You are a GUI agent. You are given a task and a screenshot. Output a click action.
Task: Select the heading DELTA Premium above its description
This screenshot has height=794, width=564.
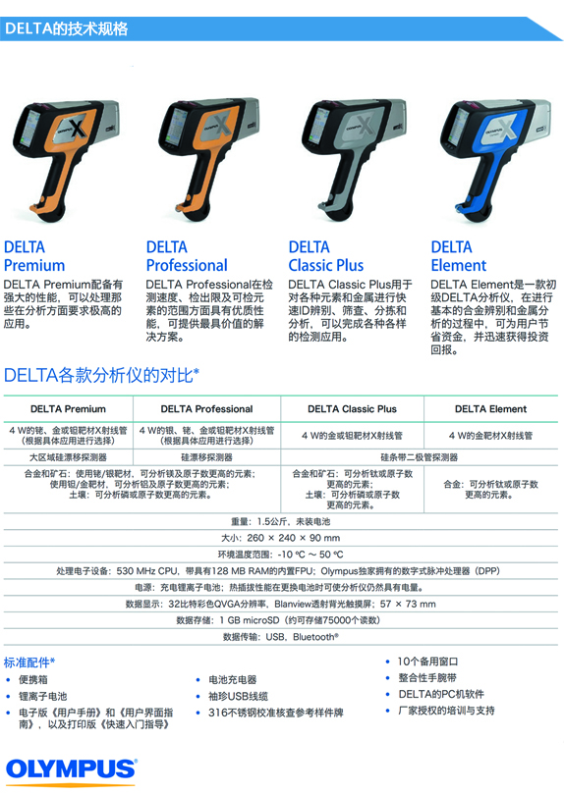[x=34, y=256]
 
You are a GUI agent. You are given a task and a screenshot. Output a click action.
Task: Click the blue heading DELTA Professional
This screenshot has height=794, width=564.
[x=187, y=256]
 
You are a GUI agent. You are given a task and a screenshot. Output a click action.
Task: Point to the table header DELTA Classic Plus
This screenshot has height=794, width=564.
[x=352, y=409]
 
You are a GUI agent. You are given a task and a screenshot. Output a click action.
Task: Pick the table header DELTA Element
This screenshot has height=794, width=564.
[x=490, y=409]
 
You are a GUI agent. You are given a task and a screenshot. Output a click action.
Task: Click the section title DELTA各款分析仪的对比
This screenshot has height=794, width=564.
[x=101, y=375]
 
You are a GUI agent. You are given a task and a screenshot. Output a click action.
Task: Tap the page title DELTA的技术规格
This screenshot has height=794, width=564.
[x=67, y=28]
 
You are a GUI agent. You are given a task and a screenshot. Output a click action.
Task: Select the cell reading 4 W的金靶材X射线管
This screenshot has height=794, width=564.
[x=490, y=436]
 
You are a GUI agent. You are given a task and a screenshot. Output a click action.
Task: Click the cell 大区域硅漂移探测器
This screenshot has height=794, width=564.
[x=68, y=457]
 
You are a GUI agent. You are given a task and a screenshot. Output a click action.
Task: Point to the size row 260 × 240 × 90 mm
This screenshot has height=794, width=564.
[x=280, y=538]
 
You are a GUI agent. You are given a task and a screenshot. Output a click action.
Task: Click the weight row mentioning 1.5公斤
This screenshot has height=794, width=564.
[x=280, y=521]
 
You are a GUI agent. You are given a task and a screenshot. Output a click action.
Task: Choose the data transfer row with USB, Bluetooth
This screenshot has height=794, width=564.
[x=281, y=637]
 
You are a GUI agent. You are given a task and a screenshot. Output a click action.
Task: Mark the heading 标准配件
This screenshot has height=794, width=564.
[x=29, y=662]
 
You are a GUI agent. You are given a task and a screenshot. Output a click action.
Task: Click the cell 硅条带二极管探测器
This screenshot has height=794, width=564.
[x=420, y=457]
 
